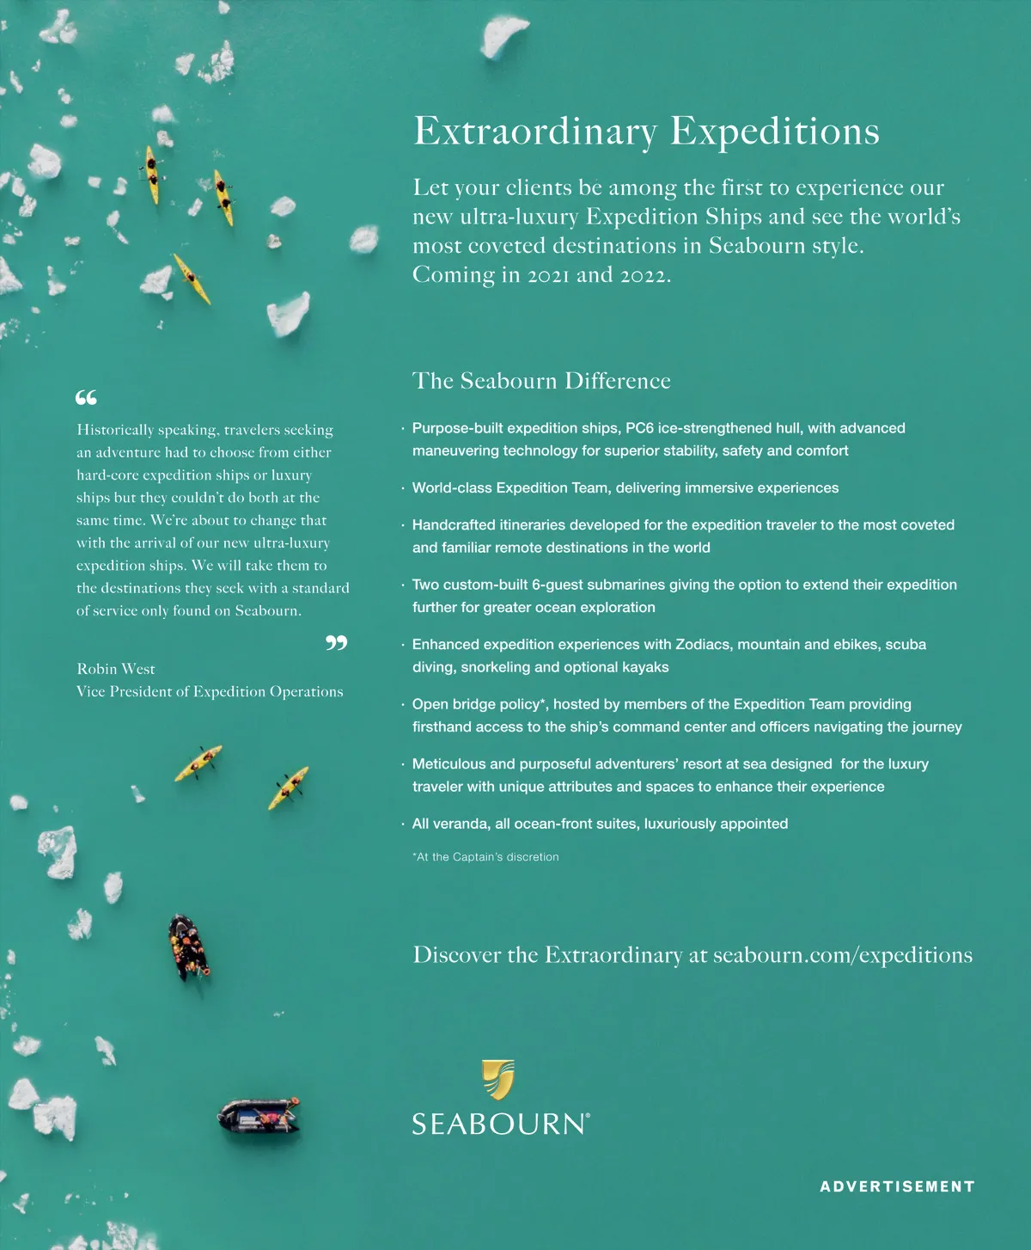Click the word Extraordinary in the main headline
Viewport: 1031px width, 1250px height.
coord(535,132)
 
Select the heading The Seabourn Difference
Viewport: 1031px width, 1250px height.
coord(541,381)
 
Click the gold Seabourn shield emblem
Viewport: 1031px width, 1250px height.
coord(498,1079)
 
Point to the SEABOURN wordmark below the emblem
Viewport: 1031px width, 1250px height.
coord(500,1124)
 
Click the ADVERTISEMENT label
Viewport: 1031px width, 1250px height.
coord(897,1186)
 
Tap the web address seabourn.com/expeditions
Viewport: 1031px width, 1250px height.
coord(842,955)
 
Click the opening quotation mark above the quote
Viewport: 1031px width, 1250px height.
coord(86,397)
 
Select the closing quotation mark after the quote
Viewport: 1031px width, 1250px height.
coord(337,642)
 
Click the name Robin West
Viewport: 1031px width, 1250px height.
coord(116,669)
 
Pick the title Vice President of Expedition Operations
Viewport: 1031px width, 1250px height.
coord(210,691)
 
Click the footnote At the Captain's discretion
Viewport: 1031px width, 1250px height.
coord(486,857)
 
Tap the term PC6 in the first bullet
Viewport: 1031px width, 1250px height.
coord(639,428)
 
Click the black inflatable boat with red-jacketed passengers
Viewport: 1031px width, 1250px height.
coord(188,947)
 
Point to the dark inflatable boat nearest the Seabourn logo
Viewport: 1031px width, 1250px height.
coord(259,1118)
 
